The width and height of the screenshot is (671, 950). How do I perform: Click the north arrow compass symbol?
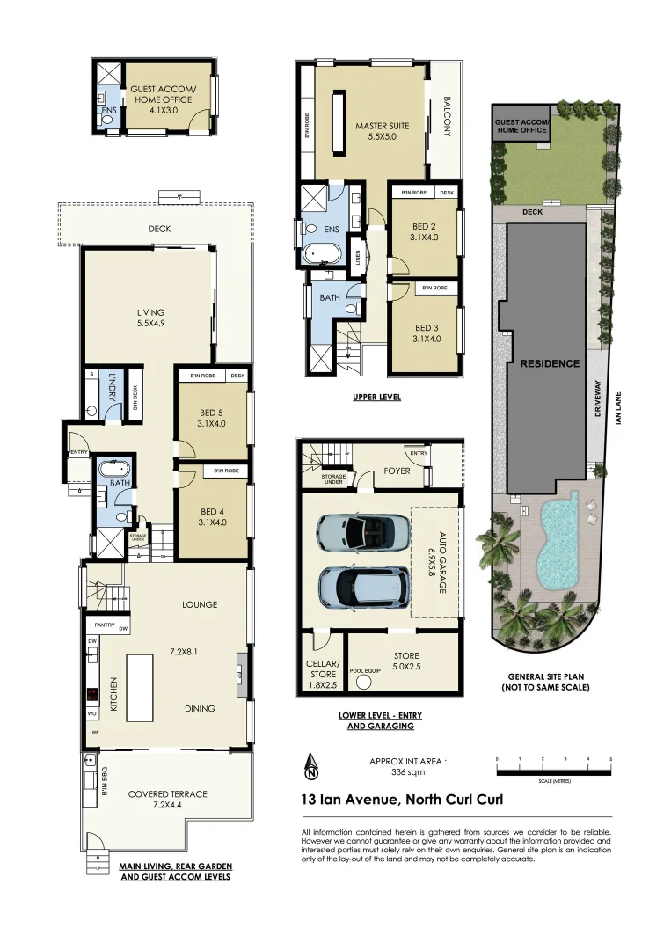[311, 768]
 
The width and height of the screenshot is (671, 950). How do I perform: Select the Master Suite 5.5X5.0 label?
[376, 131]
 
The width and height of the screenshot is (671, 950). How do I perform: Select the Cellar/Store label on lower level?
[322, 669]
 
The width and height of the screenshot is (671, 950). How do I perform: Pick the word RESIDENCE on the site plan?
[549, 363]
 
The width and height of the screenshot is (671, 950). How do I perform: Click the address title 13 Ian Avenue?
[403, 801]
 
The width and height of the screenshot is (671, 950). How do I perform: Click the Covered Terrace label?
[167, 799]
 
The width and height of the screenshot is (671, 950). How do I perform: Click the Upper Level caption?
[376, 397]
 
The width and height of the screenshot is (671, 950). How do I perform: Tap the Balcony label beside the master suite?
[447, 116]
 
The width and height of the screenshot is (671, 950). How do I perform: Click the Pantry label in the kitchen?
[105, 628]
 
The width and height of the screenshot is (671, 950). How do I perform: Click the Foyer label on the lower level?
[397, 471]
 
